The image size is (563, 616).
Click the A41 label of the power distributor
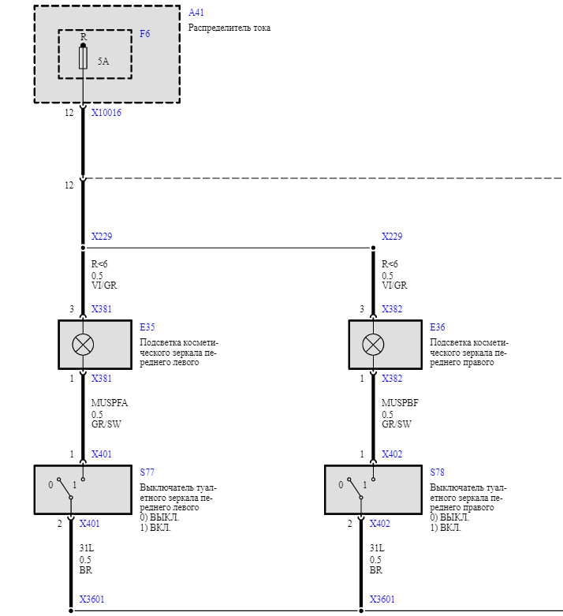pyautogui.click(x=196, y=13)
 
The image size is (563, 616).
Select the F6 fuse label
pyautogui.click(x=144, y=34)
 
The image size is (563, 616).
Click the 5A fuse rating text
pyautogui.click(x=103, y=61)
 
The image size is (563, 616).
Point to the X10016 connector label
pyautogui.click(x=106, y=113)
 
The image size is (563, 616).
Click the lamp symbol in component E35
pyautogui.click(x=83, y=344)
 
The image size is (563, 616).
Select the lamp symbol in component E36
pyautogui.click(x=373, y=344)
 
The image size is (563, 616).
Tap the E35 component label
pyautogui.click(x=147, y=326)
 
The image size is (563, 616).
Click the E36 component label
pyautogui.click(x=438, y=326)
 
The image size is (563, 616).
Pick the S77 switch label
pyautogui.click(x=147, y=472)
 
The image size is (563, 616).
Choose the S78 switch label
pyautogui.click(x=437, y=472)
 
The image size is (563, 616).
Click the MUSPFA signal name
pyautogui.click(x=109, y=403)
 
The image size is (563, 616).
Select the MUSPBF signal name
pyautogui.click(x=399, y=403)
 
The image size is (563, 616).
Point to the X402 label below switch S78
pyautogui.click(x=380, y=523)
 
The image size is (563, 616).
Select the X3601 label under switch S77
pyautogui.click(x=91, y=599)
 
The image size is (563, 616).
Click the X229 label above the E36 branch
pyautogui.click(x=392, y=237)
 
